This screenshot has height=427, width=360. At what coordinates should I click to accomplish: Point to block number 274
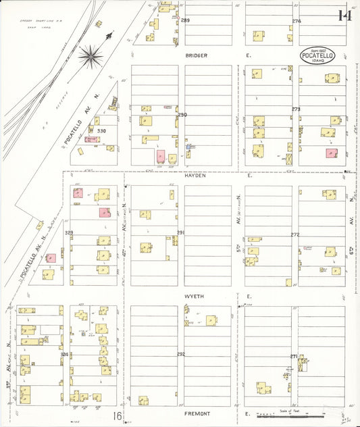[x=297, y=21]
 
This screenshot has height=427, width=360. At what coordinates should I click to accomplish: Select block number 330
[x=101, y=130]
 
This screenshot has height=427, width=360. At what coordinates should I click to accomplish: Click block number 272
[x=295, y=234]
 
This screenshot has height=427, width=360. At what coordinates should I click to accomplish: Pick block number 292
[x=181, y=354]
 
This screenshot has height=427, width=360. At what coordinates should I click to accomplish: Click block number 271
[x=294, y=356]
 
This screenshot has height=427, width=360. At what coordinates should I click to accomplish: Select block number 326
[x=65, y=354]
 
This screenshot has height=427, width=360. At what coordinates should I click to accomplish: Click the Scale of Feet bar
[x=292, y=416]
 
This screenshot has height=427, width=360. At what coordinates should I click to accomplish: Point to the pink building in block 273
[x=331, y=153]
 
